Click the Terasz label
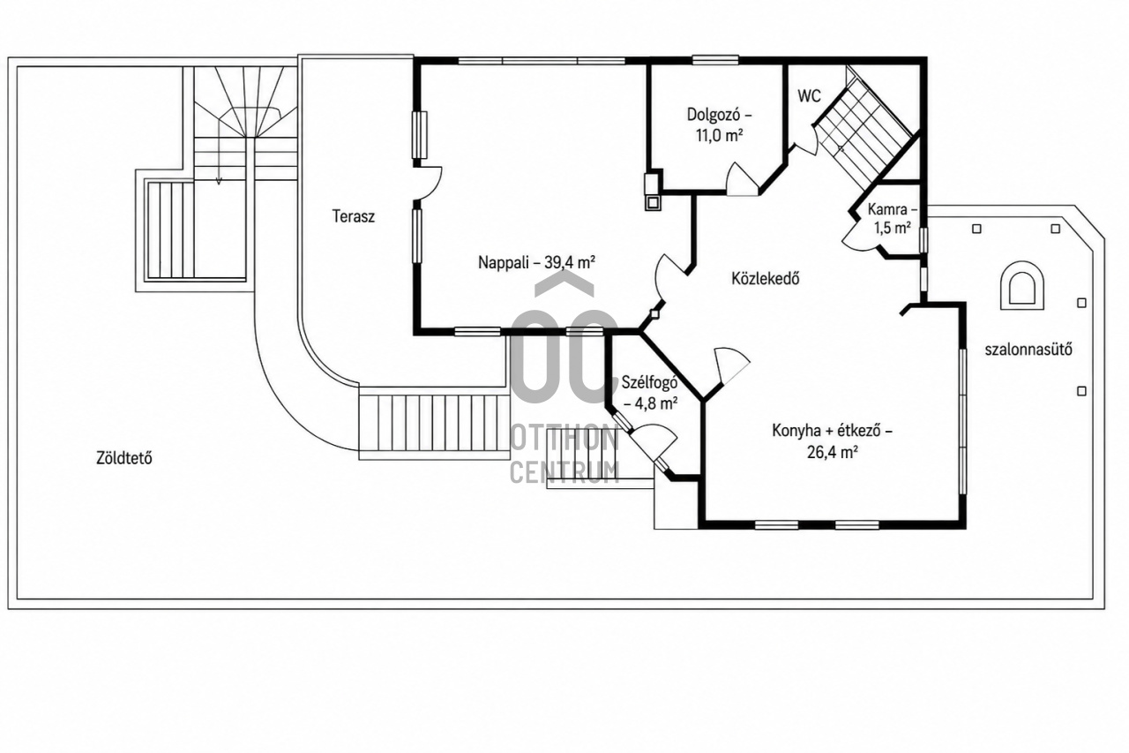[x=354, y=216]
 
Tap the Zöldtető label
[x=124, y=458]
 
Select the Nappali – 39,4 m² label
[x=537, y=262]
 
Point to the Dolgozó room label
[x=719, y=124]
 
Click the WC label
[x=809, y=96]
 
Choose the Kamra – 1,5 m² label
[x=892, y=218]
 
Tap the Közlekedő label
[x=765, y=278]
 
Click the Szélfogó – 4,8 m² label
[x=650, y=392]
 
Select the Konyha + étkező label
[x=832, y=441]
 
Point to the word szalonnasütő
[x=1028, y=350]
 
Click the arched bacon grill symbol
[x=1022, y=285]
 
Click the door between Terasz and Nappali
[x=428, y=183]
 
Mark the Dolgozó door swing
[x=742, y=179]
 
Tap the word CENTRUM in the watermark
[x=564, y=472]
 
